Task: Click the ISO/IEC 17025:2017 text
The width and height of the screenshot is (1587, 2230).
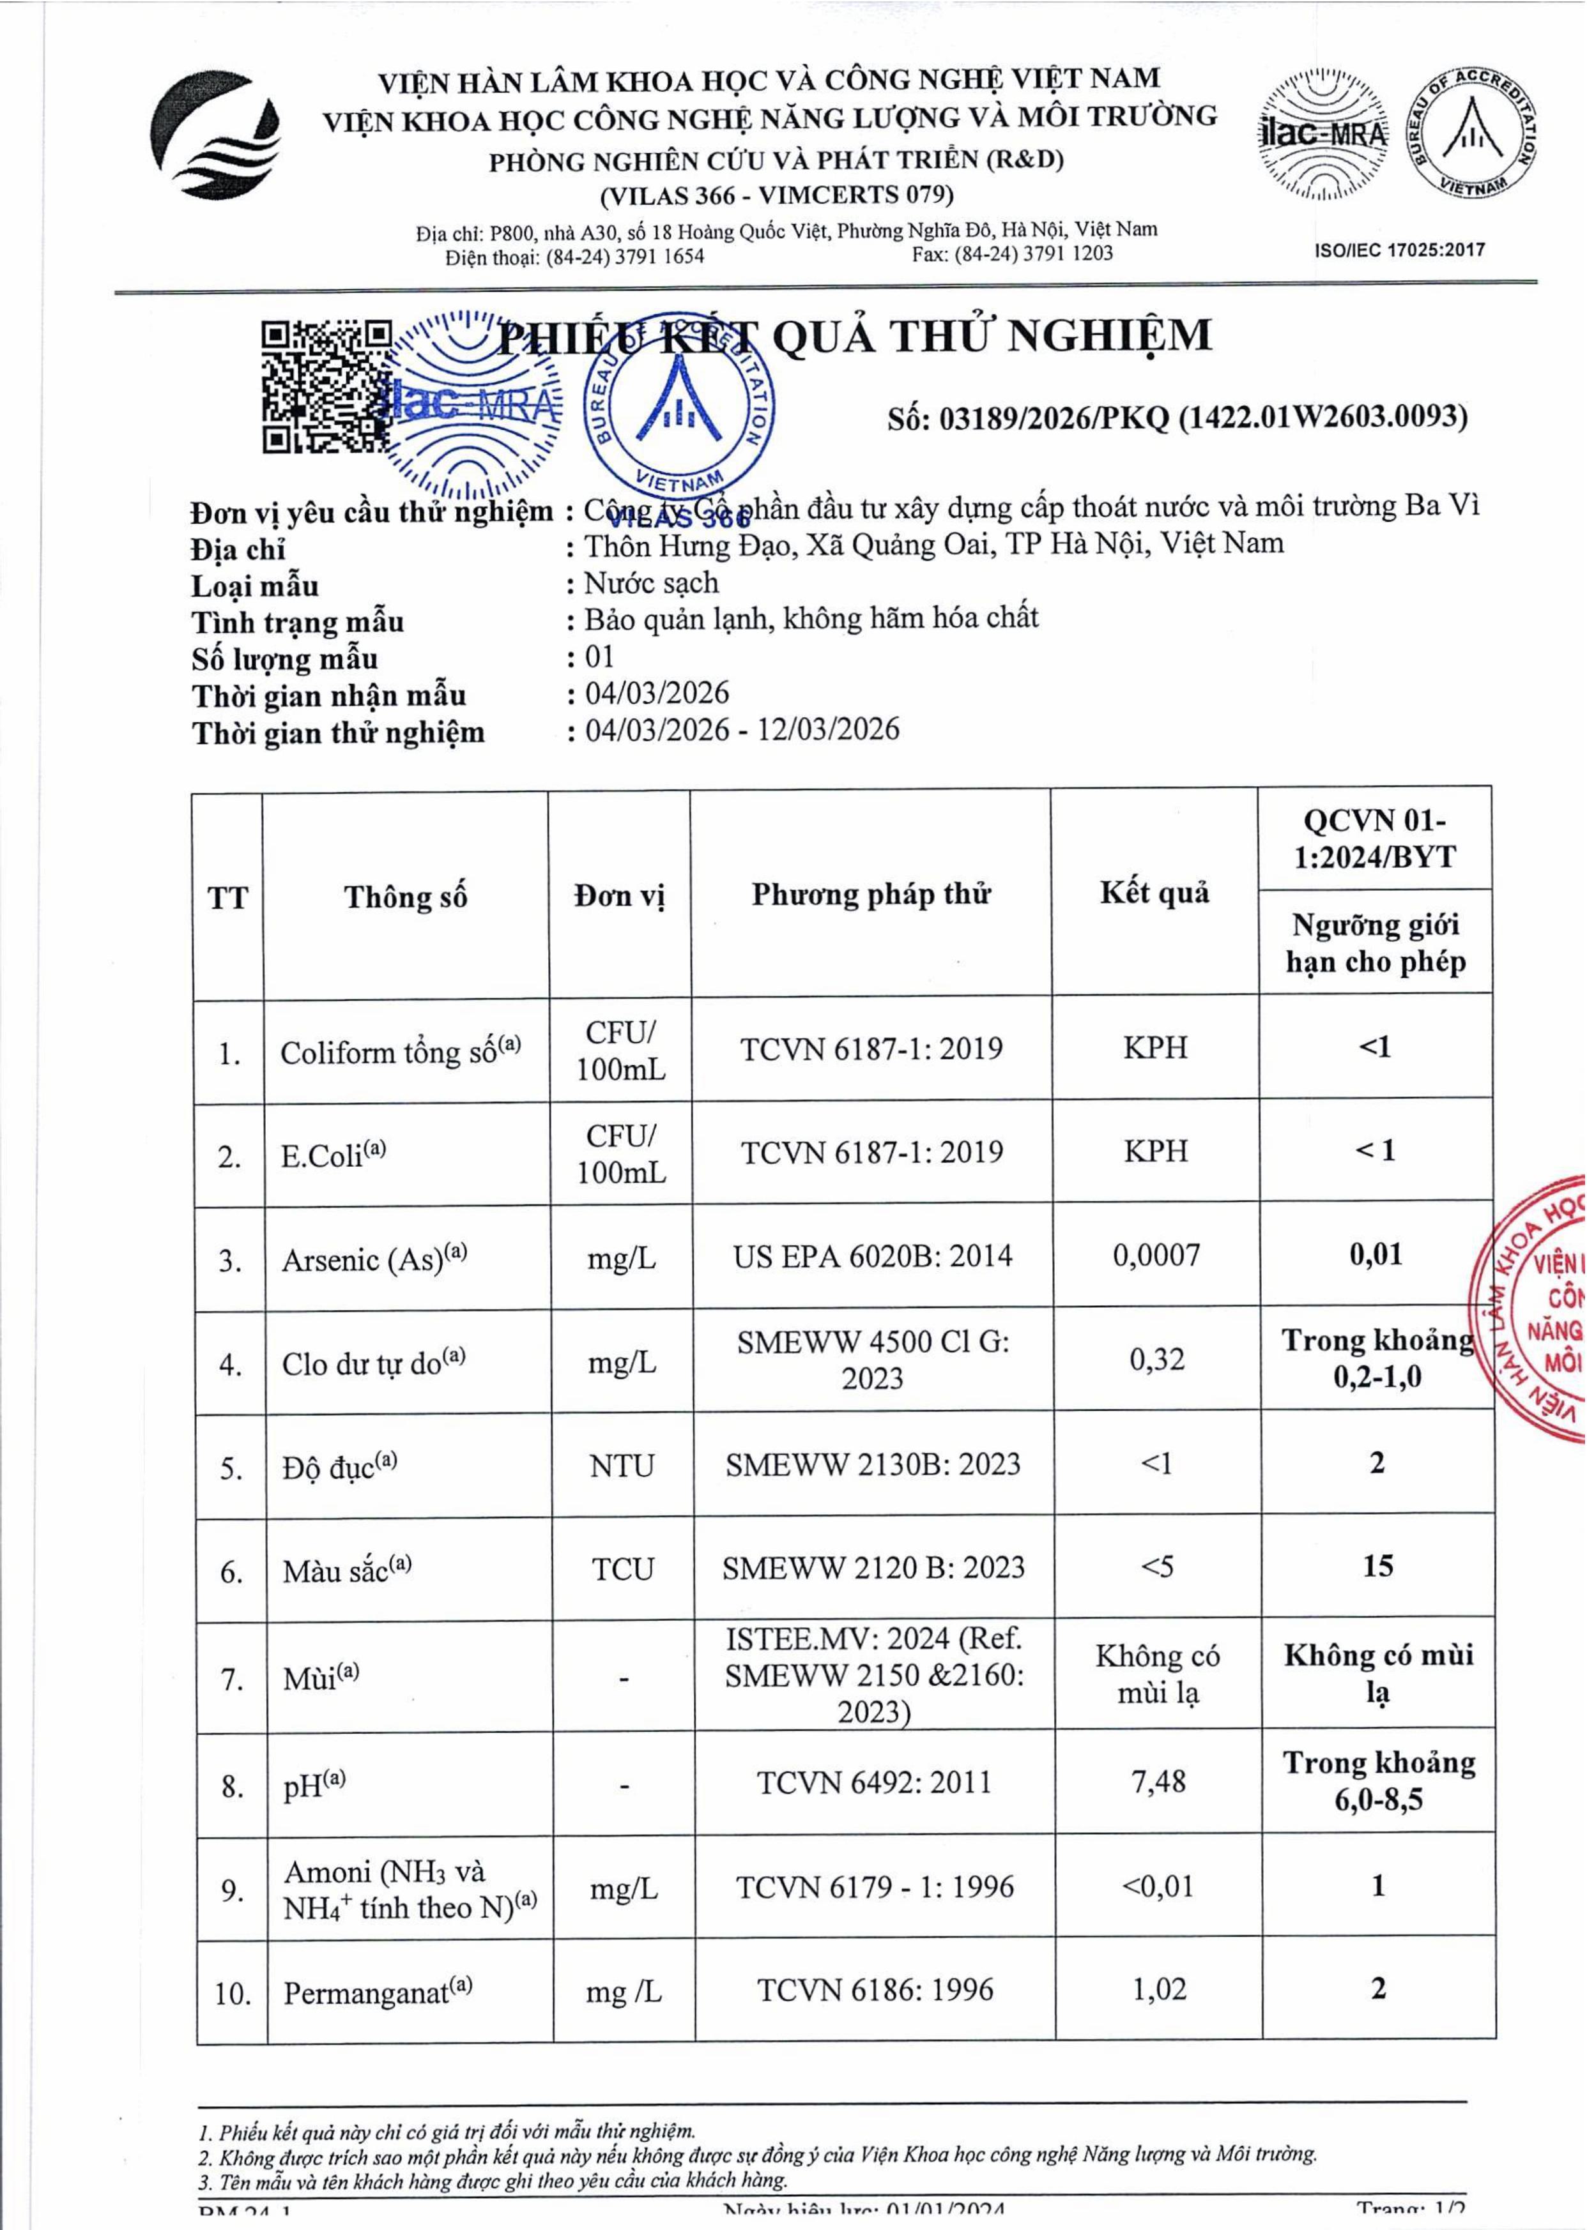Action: tap(1399, 250)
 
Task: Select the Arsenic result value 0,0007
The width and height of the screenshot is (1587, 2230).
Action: tap(1156, 1254)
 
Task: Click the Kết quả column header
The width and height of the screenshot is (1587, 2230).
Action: tap(1154, 891)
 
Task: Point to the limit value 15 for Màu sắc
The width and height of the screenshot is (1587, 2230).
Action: tap(1377, 1566)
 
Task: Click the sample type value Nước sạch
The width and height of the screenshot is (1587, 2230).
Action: tap(651, 583)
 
